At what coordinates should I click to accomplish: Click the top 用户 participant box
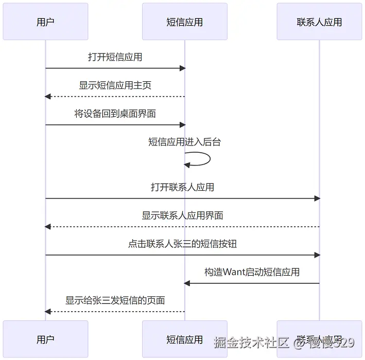tap(45, 22)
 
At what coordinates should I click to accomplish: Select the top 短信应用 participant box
tap(184, 22)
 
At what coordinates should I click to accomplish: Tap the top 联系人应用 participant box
tap(319, 22)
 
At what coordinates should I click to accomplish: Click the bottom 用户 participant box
tap(45, 339)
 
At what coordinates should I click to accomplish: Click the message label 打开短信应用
tap(115, 57)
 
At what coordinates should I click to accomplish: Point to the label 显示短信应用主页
tap(115, 85)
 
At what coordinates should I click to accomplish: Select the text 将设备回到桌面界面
tap(115, 114)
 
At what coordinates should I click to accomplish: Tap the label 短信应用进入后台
tap(184, 142)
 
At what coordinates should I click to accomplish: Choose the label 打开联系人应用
tap(182, 187)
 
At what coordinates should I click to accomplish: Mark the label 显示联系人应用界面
tap(182, 215)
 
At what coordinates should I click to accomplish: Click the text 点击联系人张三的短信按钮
tap(182, 244)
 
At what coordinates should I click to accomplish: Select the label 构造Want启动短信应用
tap(252, 272)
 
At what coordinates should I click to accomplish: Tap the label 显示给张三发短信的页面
tap(115, 300)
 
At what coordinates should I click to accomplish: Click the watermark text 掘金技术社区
tap(251, 341)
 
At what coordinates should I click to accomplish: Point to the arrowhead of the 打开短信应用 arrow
tap(182, 68)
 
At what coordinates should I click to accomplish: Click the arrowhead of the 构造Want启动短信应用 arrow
tap(187, 283)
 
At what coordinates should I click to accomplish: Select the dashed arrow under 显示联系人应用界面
tap(182, 227)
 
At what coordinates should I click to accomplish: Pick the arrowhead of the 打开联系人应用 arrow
tap(317, 199)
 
